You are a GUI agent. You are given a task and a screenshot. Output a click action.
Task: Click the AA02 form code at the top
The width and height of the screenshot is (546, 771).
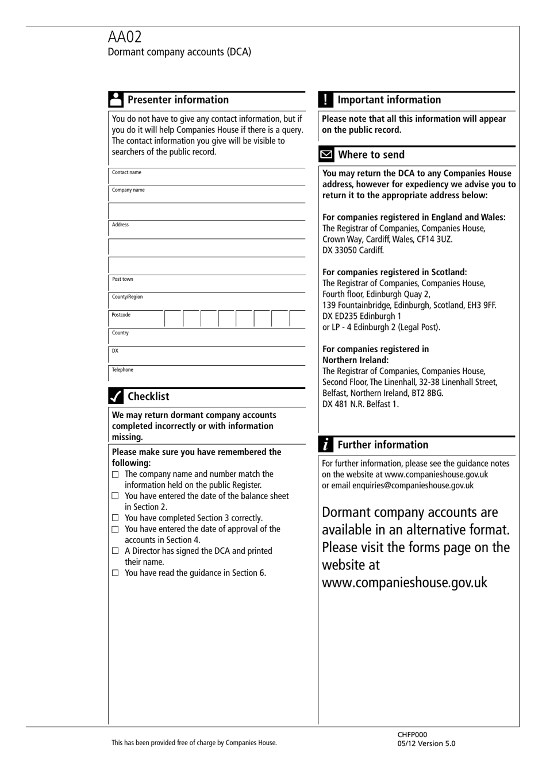click(x=125, y=37)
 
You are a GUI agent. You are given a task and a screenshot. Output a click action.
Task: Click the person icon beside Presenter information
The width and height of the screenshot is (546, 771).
click(x=116, y=99)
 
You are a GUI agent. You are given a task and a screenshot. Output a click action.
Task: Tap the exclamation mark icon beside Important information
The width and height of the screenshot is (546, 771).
click(x=325, y=99)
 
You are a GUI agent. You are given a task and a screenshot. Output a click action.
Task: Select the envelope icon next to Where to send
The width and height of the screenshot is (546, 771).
click(x=326, y=155)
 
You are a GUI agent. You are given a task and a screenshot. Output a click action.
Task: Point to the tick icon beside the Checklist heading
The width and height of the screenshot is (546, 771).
click(x=116, y=396)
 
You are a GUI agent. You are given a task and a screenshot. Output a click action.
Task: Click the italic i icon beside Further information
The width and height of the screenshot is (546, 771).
click(x=326, y=445)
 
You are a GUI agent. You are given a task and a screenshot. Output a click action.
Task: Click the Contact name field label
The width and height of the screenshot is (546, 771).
click(x=126, y=172)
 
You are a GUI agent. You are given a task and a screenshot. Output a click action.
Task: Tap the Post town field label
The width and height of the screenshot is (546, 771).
click(x=122, y=279)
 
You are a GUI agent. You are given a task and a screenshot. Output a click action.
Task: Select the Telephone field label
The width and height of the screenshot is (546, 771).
click(x=122, y=370)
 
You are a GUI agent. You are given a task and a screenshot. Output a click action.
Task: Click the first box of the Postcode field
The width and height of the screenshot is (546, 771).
click(x=173, y=319)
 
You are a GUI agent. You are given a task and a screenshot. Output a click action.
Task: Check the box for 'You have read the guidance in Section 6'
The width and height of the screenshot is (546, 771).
click(x=116, y=573)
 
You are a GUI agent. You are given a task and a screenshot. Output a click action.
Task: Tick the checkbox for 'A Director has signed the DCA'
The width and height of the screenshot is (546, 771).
click(x=116, y=551)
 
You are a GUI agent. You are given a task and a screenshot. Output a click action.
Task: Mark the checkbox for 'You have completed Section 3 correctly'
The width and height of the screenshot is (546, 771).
click(x=116, y=518)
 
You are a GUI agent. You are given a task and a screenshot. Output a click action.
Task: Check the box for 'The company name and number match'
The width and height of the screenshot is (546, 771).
click(x=116, y=475)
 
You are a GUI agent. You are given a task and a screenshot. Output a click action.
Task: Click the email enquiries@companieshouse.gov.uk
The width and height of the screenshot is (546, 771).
click(x=413, y=485)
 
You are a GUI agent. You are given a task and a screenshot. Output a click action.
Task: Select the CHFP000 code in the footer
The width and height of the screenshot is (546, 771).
click(x=412, y=734)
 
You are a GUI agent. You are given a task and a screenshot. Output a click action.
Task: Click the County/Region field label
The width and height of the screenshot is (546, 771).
click(x=127, y=297)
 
